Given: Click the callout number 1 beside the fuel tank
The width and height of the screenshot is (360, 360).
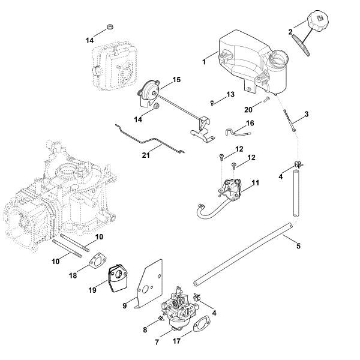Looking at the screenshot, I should [205, 61].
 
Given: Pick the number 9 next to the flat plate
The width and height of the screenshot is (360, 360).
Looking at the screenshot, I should [125, 306].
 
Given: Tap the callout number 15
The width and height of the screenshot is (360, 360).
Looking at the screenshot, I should [176, 80].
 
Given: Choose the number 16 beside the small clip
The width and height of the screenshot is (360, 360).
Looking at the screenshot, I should [250, 122].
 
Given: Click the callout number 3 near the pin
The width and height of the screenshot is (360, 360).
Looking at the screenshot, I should [307, 114].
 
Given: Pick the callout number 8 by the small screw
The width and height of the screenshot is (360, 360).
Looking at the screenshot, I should [145, 329].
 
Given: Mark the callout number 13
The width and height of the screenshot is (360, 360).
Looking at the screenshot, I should [230, 95].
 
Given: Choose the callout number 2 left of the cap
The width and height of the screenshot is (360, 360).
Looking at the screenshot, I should [290, 32].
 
